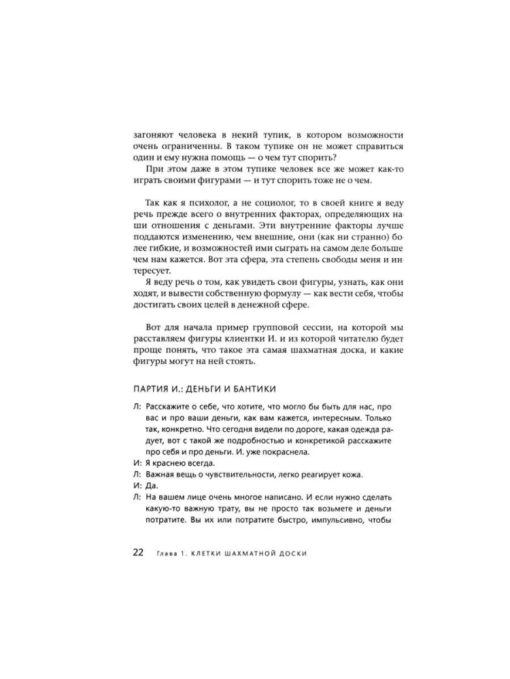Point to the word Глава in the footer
click(165, 553)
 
